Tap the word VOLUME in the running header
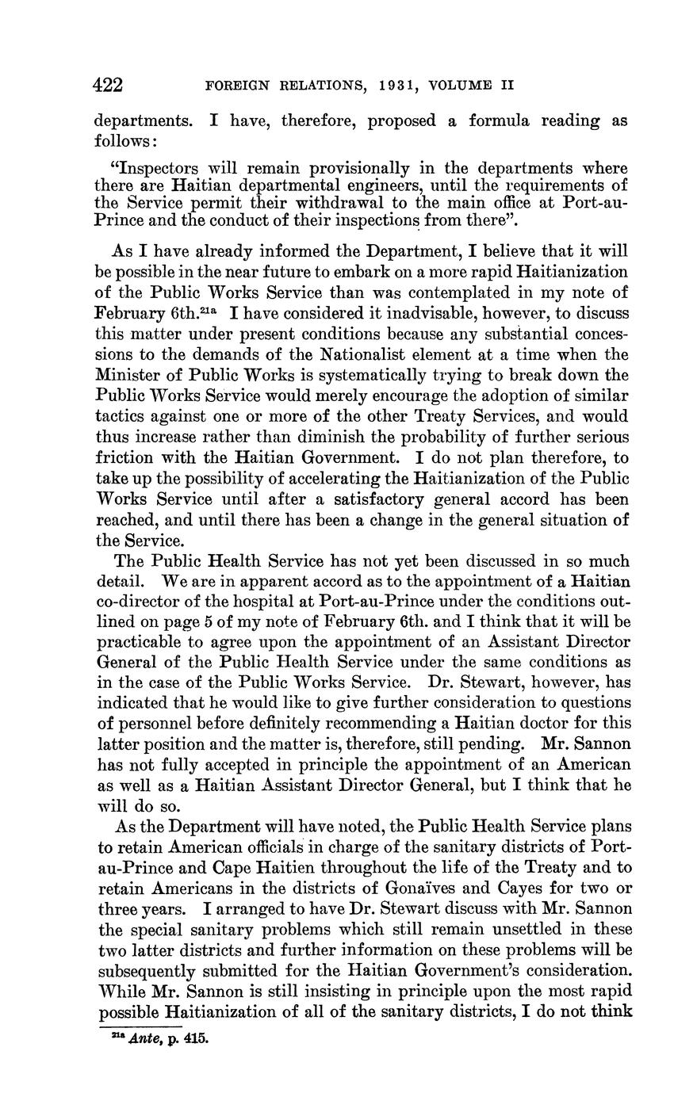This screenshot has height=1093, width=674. coord(469,86)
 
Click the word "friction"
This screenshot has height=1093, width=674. coord(121,457)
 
